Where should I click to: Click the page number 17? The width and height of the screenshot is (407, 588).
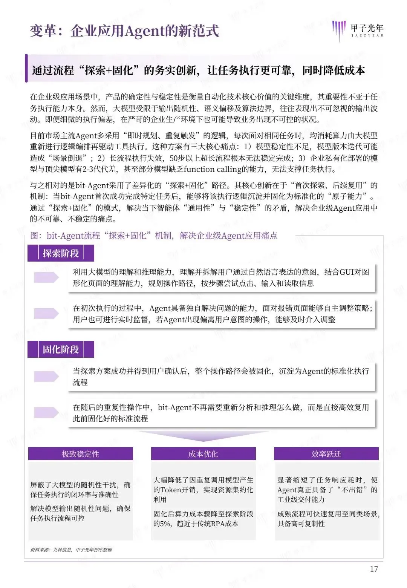374,569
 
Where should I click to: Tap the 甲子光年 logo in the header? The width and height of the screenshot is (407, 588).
358,30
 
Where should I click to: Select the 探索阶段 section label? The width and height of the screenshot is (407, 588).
61,253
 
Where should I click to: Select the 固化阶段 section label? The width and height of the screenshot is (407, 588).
61,349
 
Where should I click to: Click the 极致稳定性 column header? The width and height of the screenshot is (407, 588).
80,454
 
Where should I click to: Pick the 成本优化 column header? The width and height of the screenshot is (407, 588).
203,454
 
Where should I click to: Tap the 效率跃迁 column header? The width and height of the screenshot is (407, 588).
326,454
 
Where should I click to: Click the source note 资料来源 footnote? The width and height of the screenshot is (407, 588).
71,550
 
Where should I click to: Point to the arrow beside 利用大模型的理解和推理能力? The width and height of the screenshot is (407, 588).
46,277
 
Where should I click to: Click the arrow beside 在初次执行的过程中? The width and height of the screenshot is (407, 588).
46,313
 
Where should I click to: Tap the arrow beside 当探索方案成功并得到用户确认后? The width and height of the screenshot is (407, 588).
46,376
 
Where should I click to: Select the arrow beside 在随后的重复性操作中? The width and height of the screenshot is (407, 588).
46,412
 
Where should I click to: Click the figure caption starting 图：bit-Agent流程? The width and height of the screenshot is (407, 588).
153,236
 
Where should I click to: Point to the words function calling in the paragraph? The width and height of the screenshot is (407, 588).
215,169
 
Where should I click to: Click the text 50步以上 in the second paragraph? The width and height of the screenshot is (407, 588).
185,158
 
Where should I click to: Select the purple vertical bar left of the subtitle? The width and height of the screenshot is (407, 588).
26,68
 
